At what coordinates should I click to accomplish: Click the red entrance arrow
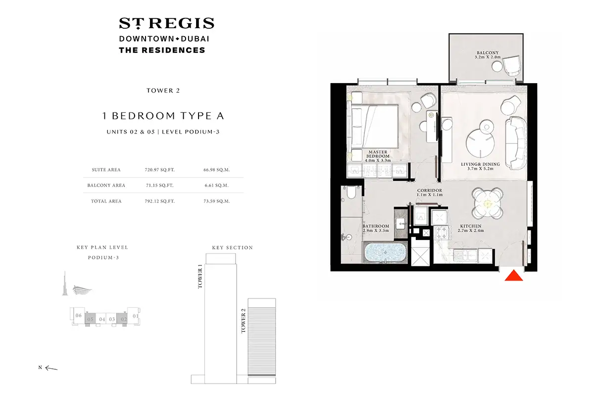pyautogui.click(x=514, y=276)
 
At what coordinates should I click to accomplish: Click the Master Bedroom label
pyautogui.click(x=378, y=156)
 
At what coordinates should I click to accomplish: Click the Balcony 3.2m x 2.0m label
pyautogui.click(x=488, y=55)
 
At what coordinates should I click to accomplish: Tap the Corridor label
pyautogui.click(x=429, y=193)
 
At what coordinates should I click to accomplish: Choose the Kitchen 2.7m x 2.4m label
pyautogui.click(x=470, y=228)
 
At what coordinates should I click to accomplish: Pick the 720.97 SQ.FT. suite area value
pyautogui.click(x=156, y=170)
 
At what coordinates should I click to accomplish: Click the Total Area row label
pyautogui.click(x=106, y=201)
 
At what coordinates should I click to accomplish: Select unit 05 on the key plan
pyautogui.click(x=90, y=319)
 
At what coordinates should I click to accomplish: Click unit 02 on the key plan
pyautogui.click(x=124, y=319)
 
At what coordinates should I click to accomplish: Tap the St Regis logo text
pyautogui.click(x=166, y=23)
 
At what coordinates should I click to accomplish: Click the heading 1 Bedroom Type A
pyautogui.click(x=163, y=116)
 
